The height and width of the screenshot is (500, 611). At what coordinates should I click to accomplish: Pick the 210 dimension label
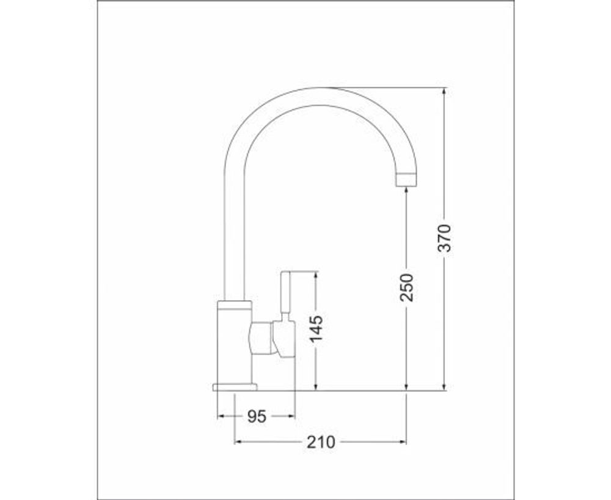click(321, 441)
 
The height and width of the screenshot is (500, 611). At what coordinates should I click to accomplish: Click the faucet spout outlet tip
click(407, 179)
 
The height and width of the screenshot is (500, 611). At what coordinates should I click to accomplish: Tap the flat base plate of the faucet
click(235, 386)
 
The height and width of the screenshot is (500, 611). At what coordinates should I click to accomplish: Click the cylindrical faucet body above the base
click(235, 342)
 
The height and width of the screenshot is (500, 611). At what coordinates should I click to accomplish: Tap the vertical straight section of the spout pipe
click(235, 232)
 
